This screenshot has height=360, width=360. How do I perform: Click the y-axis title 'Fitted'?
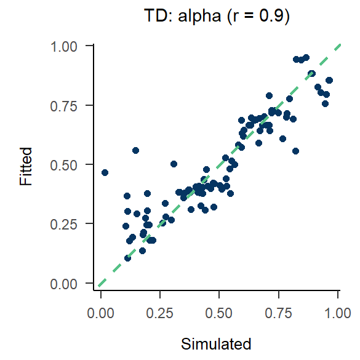click(x=25, y=165)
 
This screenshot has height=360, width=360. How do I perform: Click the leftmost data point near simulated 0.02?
click(x=105, y=172)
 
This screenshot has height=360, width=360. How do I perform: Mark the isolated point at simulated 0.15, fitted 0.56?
click(x=136, y=150)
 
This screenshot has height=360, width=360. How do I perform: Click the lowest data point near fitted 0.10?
click(x=127, y=258)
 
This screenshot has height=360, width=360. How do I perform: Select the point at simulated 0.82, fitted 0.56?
click(x=295, y=151)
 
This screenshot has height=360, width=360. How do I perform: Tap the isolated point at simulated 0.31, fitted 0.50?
click(x=174, y=164)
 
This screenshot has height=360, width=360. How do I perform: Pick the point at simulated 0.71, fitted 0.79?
click(x=269, y=95)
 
